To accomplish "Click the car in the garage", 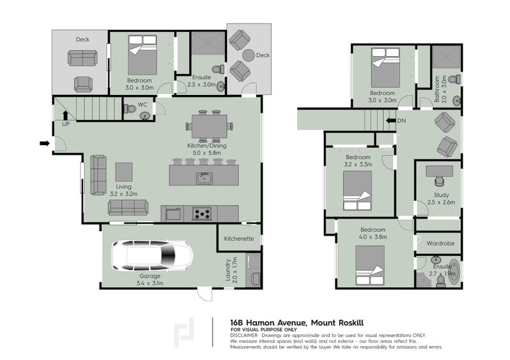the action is pos(152,256).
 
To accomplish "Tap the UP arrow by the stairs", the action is pos(66,115).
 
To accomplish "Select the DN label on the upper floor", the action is pos(402,120).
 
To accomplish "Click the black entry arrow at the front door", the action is pos(45,143).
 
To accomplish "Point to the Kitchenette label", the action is pos(238,238).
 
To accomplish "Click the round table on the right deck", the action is pos(248,55).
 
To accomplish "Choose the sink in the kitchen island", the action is pos(204,178).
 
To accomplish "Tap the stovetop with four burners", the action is pos(201,213).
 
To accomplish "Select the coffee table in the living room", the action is pos(124,171).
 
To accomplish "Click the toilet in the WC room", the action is pos(130,108).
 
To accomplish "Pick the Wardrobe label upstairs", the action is pos(441,243).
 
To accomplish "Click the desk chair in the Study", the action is pos(439,181).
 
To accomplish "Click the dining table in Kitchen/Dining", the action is pos(209,126).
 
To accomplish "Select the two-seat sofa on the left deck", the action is pos(83,58).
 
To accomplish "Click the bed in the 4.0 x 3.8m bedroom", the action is pos(370,265).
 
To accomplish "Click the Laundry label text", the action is pos(228,270).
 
